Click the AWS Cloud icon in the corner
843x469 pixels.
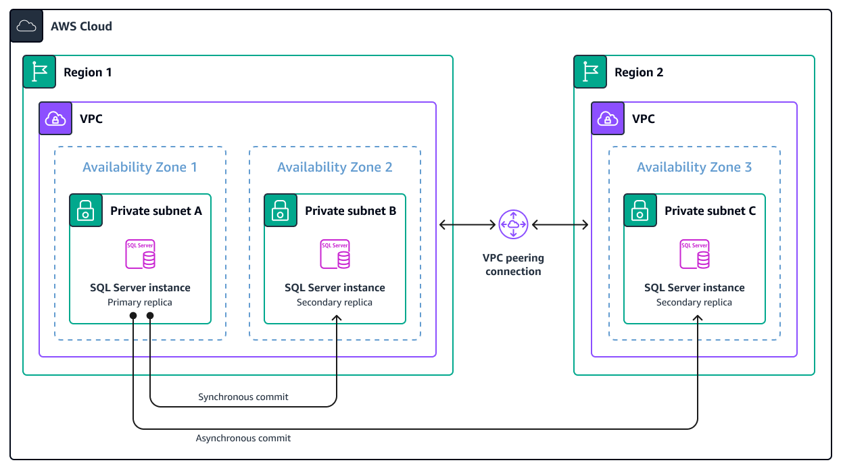tap(26, 26)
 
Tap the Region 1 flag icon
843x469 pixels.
tap(39, 72)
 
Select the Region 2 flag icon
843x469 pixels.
tap(590, 72)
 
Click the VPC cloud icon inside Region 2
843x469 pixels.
tap(608, 119)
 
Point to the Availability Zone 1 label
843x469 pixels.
tap(140, 167)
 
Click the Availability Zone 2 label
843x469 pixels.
tap(335, 167)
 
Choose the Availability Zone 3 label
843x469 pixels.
tap(694, 167)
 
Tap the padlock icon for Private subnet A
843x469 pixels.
tap(86, 211)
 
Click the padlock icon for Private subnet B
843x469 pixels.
tap(281, 211)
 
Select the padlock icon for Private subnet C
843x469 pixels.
tap(640, 211)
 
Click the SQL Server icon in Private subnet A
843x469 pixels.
tap(140, 254)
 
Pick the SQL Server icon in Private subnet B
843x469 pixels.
tap(335, 254)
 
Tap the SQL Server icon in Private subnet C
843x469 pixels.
tap(694, 254)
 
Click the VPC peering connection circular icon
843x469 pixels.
tap(513, 224)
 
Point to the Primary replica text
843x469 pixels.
tap(140, 302)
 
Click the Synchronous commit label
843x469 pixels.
tap(243, 397)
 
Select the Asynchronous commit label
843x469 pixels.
tap(243, 438)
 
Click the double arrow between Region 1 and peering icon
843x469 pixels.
tap(467, 224)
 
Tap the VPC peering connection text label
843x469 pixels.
tap(513, 264)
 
